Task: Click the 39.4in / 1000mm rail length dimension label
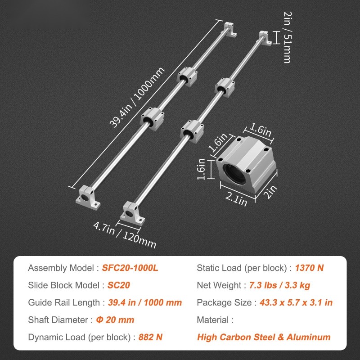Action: pyautogui.click(x=137, y=97)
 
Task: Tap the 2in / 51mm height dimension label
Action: pyautogui.click(x=287, y=37)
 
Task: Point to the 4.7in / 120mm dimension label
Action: pyautogui.click(x=125, y=235)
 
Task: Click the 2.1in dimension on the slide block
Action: pyautogui.click(x=236, y=199)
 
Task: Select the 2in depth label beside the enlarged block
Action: pyautogui.click(x=270, y=192)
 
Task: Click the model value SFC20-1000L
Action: pyautogui.click(x=130, y=268)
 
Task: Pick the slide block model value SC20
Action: pyautogui.click(x=119, y=285)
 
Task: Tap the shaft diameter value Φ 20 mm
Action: pyautogui.click(x=115, y=320)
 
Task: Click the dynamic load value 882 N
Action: pyautogui.click(x=150, y=337)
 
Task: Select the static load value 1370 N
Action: pyautogui.click(x=309, y=268)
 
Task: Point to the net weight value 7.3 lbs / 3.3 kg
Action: pyautogui.click(x=279, y=285)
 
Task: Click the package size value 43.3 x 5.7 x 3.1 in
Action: pyautogui.click(x=296, y=302)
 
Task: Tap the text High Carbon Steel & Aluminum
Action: pyautogui.click(x=264, y=337)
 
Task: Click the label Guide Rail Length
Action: pyautogui.click(x=64, y=302)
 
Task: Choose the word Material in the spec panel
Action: pyautogui.click(x=213, y=320)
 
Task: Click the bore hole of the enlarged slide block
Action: pyautogui.click(x=234, y=174)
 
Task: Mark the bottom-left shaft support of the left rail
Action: pyautogui.click(x=88, y=197)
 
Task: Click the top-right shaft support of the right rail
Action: pyautogui.click(x=265, y=38)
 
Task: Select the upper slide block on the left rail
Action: pyautogui.click(x=187, y=76)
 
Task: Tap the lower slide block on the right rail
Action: pyautogui.click(x=192, y=131)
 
